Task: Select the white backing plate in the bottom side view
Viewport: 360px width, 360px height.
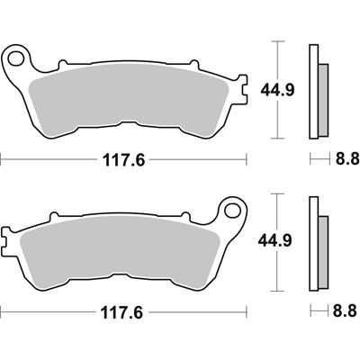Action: pos(312,243)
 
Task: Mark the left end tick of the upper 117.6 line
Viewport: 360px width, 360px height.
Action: pos(3,161)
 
